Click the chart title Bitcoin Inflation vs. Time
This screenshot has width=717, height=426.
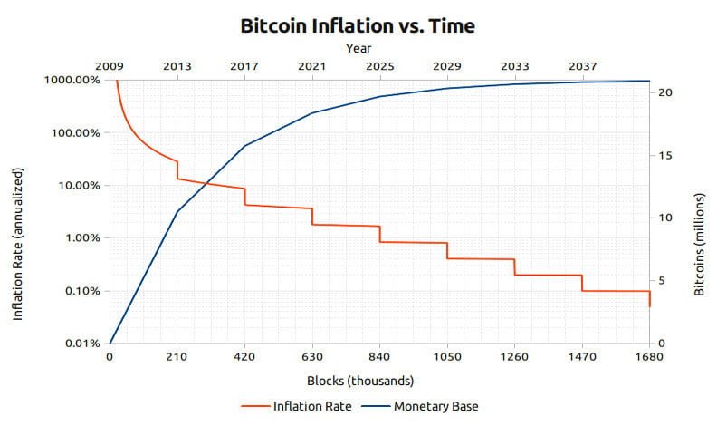click(x=358, y=25)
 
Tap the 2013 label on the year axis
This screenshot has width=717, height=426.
click(x=177, y=65)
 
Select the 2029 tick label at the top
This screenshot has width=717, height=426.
click(x=447, y=65)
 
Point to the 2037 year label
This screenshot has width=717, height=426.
click(x=582, y=65)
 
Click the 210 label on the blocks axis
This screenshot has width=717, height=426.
click(x=177, y=357)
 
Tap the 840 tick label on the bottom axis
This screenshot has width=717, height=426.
click(x=379, y=357)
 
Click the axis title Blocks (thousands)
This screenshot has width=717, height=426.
click(x=359, y=380)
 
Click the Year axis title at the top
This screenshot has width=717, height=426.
click(x=358, y=48)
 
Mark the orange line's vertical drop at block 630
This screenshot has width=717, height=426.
click(x=312, y=216)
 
